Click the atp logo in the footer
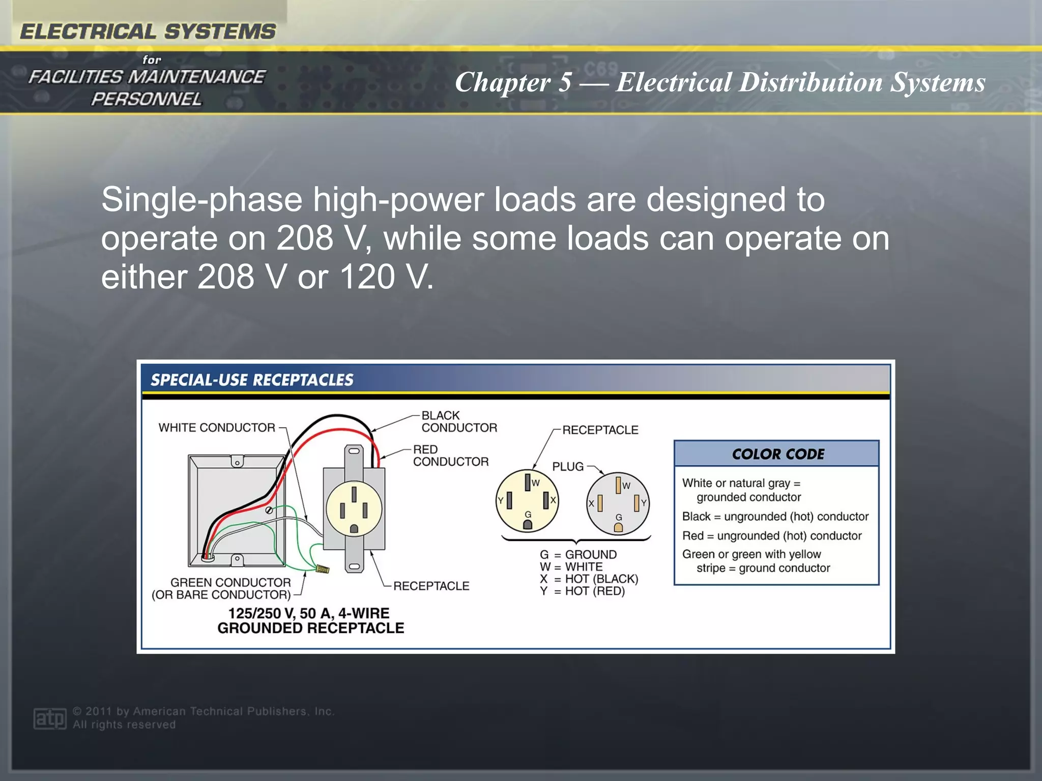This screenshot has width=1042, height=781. point(49,718)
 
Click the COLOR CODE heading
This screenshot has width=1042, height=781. point(777,454)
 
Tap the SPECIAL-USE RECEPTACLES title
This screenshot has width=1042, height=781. point(252,380)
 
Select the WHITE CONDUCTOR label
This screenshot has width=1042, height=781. point(217,428)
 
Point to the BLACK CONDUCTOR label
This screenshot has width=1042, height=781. point(459,422)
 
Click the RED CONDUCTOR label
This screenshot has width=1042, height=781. point(450,456)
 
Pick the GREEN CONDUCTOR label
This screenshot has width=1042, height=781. point(230,583)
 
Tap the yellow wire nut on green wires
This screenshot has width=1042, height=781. point(322,568)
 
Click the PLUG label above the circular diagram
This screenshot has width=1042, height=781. point(568,466)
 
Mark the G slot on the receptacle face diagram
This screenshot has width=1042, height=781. point(528,524)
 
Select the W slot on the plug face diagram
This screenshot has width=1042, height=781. point(618,485)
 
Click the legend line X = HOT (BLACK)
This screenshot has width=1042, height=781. point(589,579)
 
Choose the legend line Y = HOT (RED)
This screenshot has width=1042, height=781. point(582,591)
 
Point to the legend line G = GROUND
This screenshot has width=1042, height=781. point(578,555)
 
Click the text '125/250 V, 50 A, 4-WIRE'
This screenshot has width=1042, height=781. point(309,613)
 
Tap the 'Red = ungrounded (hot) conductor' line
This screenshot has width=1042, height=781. point(772,536)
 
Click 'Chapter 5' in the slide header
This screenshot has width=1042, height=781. point(513,82)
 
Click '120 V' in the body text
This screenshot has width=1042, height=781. point(386,277)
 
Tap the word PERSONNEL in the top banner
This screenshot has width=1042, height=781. point(147,99)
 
